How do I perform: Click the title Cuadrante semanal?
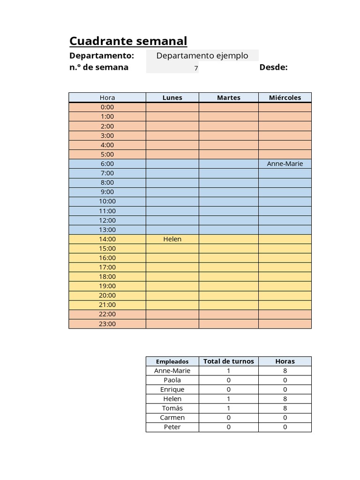click(x=128, y=41)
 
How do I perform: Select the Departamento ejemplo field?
click(x=202, y=56)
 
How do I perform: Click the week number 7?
click(x=196, y=68)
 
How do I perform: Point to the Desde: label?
click(x=273, y=67)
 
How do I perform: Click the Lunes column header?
click(x=172, y=97)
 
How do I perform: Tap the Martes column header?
click(x=228, y=97)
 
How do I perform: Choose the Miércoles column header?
click(x=285, y=97)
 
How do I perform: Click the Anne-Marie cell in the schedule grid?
click(x=285, y=164)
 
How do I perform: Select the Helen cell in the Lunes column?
click(x=172, y=239)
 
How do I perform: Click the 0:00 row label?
click(x=107, y=107)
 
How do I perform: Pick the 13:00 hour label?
click(x=107, y=230)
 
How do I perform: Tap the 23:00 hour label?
click(x=107, y=324)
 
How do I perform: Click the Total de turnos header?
click(x=228, y=361)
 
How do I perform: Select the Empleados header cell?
click(x=172, y=361)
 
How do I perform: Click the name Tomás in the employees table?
click(x=172, y=408)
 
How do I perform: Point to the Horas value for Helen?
click(x=285, y=399)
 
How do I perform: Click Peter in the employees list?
click(x=172, y=427)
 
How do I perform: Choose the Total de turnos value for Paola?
click(x=228, y=380)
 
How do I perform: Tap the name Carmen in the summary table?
click(x=172, y=418)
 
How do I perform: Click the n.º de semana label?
click(x=99, y=67)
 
